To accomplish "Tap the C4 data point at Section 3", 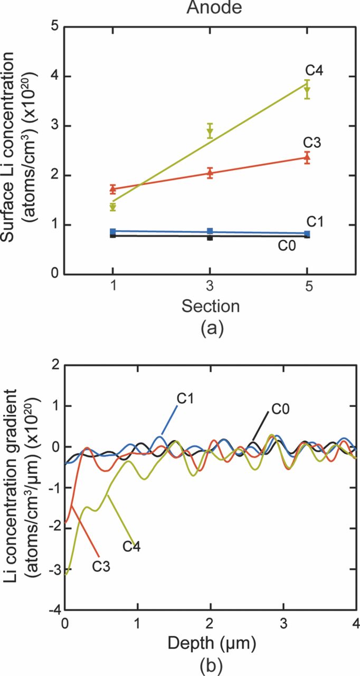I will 210,132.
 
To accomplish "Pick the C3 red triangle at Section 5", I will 307,157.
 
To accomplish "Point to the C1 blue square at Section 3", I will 210,231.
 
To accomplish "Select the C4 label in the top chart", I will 314,70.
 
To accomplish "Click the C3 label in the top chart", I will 313,143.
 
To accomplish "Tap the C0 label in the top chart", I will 288,246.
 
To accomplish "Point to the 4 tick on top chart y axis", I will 54,77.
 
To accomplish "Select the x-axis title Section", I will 211,306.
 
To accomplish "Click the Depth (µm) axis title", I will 211,643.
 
